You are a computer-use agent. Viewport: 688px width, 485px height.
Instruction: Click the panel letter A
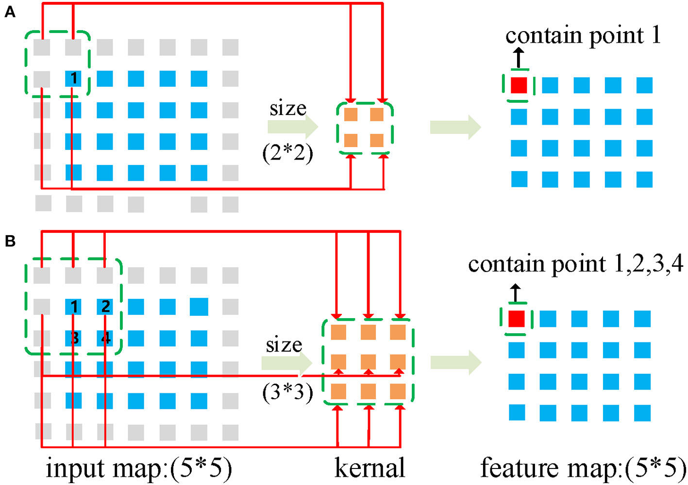tap(10, 13)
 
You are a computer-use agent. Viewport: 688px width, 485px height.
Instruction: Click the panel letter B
tap(10, 241)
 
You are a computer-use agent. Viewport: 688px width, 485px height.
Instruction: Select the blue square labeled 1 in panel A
tap(73, 78)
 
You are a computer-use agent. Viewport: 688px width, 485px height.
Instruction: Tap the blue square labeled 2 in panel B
tap(105, 307)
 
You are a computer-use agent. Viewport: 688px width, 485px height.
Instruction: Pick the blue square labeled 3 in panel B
tap(74, 338)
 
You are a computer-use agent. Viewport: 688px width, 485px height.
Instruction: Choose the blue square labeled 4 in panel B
tap(105, 338)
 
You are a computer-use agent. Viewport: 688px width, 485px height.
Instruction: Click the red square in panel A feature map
tap(519, 85)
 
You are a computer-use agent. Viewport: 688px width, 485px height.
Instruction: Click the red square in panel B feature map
tap(516, 319)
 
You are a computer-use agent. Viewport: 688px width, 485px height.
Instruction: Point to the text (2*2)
tap(287, 154)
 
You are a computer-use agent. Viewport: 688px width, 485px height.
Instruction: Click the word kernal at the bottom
tap(369, 468)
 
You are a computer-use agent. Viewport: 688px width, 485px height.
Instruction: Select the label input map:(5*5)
tap(139, 468)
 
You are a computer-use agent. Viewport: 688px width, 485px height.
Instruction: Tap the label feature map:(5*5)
tap(583, 468)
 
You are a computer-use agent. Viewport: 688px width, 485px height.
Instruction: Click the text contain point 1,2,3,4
tap(575, 264)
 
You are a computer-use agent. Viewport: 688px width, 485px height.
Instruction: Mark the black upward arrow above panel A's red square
tap(519, 58)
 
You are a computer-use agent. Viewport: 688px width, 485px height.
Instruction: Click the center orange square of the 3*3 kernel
tap(368, 362)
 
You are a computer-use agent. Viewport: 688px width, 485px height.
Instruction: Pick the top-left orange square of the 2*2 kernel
tap(351, 115)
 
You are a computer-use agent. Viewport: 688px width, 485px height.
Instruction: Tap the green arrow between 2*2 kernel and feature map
tap(455, 128)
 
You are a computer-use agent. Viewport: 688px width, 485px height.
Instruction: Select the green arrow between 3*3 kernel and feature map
tap(455, 362)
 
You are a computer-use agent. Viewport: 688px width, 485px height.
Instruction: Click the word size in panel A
tap(288, 108)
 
